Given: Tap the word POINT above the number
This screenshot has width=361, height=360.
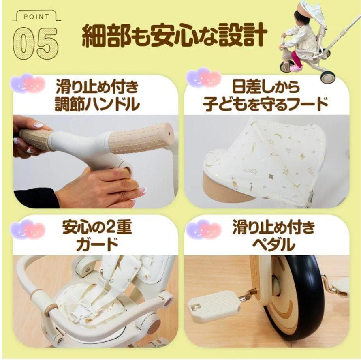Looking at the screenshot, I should click(x=36, y=17).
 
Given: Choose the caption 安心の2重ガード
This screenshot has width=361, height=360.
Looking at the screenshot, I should click(x=97, y=236).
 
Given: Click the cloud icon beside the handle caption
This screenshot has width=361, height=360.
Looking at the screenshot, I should click(x=28, y=83).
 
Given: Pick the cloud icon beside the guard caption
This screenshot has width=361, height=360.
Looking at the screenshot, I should click(x=28, y=229).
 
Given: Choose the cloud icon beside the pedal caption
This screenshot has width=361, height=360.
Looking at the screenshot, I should click(x=203, y=229).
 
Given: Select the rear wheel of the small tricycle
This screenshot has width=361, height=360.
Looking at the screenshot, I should click(x=327, y=76).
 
